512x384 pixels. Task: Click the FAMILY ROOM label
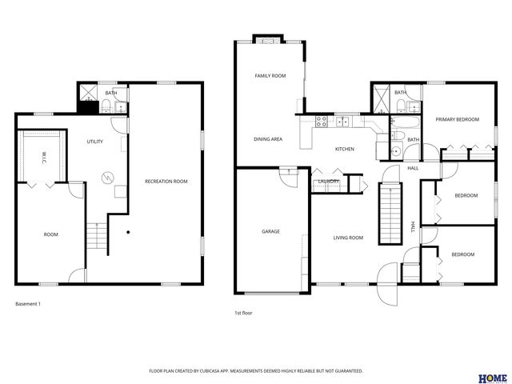(x=270, y=76)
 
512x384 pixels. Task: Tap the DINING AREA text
(x=268, y=139)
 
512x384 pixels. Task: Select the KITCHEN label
(x=344, y=149)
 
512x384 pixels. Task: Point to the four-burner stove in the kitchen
(x=322, y=122)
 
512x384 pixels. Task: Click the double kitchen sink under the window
(x=342, y=122)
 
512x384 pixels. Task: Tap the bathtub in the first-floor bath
(x=403, y=122)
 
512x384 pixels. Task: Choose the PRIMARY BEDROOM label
(x=457, y=119)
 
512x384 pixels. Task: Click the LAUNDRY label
(x=329, y=181)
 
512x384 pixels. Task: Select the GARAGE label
(x=270, y=231)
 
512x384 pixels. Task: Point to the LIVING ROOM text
(x=348, y=238)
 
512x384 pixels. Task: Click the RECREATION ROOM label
(x=166, y=182)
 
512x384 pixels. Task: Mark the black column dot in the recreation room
(x=128, y=232)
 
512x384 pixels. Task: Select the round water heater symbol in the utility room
(x=106, y=178)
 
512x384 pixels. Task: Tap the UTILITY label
(x=94, y=142)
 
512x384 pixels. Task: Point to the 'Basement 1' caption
(x=28, y=304)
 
